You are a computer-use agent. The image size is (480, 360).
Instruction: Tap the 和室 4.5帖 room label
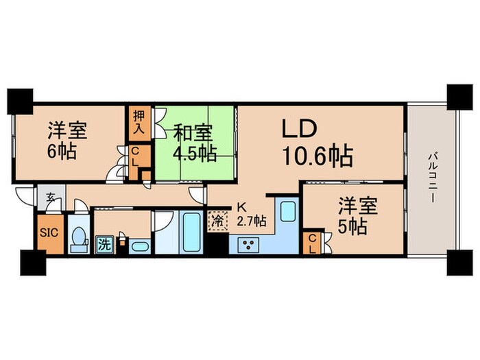194,141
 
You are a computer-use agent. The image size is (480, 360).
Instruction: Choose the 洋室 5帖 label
352,215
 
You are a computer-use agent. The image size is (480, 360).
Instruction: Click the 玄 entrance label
51,198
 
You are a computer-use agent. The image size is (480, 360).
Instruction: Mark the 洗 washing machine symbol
104,243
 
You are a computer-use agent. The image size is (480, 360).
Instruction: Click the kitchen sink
287,212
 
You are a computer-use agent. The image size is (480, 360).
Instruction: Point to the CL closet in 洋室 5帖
313,243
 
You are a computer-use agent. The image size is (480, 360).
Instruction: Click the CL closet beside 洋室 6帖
136,156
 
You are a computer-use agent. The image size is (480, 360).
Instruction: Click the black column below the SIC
32,261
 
